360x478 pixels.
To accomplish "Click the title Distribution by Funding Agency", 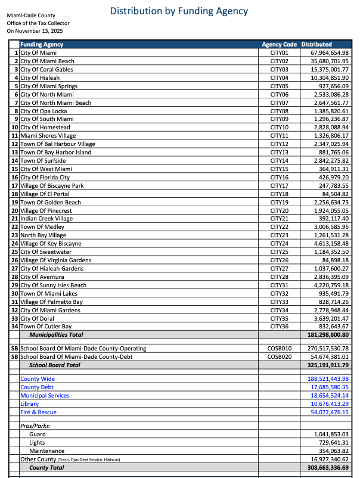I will click(x=179, y=11).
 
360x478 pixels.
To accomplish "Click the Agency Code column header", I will click(x=279, y=45).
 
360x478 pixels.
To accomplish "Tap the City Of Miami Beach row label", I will click(x=47, y=61).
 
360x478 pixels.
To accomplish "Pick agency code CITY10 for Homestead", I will click(x=279, y=128).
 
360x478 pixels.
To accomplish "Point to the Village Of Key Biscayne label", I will click(x=51, y=244).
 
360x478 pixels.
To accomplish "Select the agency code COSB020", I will click(x=279, y=356).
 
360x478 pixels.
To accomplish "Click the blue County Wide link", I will click(x=38, y=379).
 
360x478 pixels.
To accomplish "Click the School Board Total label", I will click(x=55, y=365).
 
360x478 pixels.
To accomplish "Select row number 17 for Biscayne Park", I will click(x=15, y=186).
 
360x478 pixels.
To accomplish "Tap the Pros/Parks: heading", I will click(x=36, y=426).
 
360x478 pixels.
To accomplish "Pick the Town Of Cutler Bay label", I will click(x=46, y=327).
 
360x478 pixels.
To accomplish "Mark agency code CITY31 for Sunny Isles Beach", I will click(x=279, y=285).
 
